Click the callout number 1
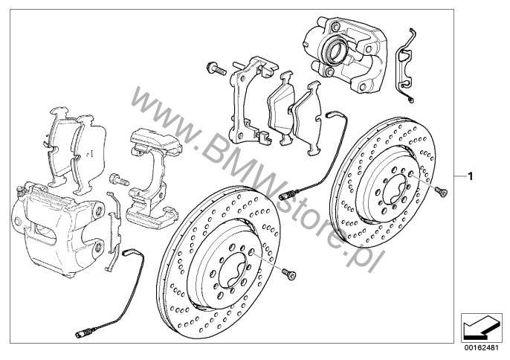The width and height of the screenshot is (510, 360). pyautogui.click(x=470, y=176)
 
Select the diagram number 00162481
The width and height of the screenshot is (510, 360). pyautogui.click(x=481, y=347)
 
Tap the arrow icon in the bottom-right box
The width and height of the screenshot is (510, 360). pyautogui.click(x=481, y=327)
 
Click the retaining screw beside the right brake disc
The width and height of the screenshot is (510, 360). pyautogui.click(x=441, y=191)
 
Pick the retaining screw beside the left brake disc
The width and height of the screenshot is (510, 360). pyautogui.click(x=288, y=274)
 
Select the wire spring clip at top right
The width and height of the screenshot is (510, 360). pyautogui.click(x=404, y=66)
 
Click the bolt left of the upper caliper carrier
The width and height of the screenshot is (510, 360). pyautogui.click(x=216, y=68)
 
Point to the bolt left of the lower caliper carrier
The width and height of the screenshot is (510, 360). pyautogui.click(x=119, y=179)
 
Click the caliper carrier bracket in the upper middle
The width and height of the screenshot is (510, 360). pyautogui.click(x=251, y=99)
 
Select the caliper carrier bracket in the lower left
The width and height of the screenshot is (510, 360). pyautogui.click(x=155, y=177)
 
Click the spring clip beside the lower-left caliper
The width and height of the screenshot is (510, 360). pyautogui.click(x=114, y=231)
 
